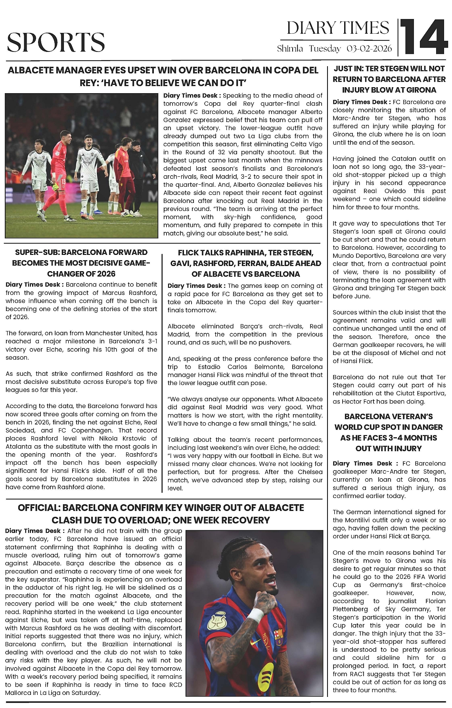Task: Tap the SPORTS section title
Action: click(x=56, y=42)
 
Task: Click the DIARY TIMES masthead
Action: click(x=338, y=28)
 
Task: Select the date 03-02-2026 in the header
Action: click(x=369, y=49)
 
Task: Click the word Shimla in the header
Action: click(x=290, y=49)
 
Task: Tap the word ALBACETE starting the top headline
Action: click(x=31, y=71)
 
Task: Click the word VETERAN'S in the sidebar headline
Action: click(x=411, y=417)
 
